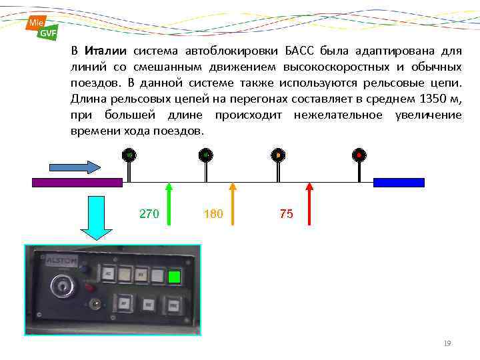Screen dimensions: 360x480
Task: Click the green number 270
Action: [149, 214]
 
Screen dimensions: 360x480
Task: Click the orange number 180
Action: [213, 214]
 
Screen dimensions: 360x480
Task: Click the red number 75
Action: [286, 214]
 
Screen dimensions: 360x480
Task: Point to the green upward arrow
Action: [169, 204]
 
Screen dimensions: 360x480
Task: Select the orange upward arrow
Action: [233, 204]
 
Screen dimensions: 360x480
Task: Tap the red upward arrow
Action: [309, 204]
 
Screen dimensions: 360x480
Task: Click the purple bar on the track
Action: [77, 182]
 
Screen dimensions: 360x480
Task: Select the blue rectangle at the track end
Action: [399, 182]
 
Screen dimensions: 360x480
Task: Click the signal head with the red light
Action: [359, 155]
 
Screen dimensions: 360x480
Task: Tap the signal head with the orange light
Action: [278, 155]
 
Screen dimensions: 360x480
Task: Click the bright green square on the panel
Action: [175, 277]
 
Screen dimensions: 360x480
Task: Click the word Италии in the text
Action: [106, 51]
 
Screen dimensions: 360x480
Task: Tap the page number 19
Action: [447, 343]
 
